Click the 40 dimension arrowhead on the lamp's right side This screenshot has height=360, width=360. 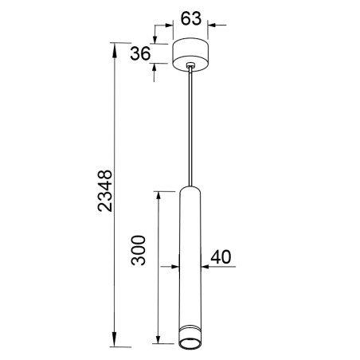[205, 266]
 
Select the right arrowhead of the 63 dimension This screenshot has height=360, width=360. [212, 25]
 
